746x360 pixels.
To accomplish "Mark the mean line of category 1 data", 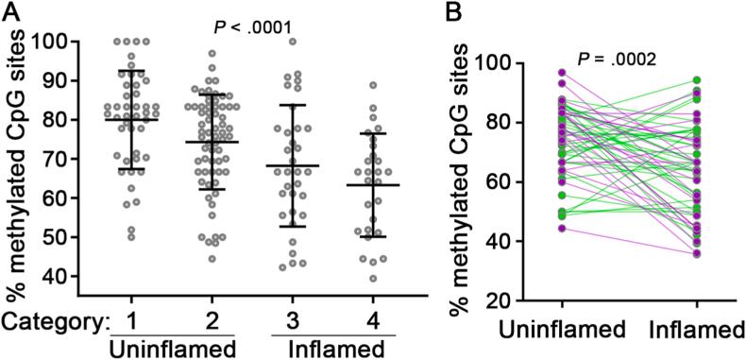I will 131,120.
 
